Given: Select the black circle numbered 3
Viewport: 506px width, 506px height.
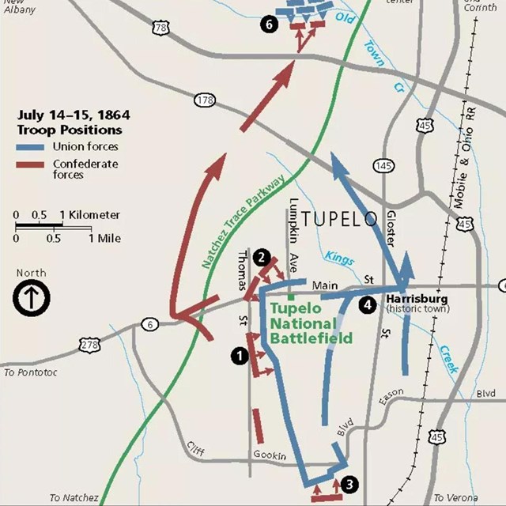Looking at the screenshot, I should [x=350, y=485].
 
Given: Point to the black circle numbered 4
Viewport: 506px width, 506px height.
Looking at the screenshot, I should [x=366, y=304].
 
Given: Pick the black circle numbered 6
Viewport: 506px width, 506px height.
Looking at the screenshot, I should [x=269, y=24].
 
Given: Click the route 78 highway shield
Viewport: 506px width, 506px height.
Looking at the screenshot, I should [x=161, y=28].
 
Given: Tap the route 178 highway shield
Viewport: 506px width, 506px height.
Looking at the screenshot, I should [x=205, y=100].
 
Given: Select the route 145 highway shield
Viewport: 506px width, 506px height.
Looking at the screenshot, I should [x=383, y=165].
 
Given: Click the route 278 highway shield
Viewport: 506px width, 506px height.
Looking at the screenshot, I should [x=90, y=345].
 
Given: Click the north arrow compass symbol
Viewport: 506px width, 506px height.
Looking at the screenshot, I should [x=32, y=298].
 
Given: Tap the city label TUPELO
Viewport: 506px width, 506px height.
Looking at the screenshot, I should [x=340, y=219].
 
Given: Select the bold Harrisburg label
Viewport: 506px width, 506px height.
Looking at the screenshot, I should [x=417, y=298].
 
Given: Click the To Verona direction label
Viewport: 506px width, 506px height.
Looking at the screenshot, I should [x=456, y=497].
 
